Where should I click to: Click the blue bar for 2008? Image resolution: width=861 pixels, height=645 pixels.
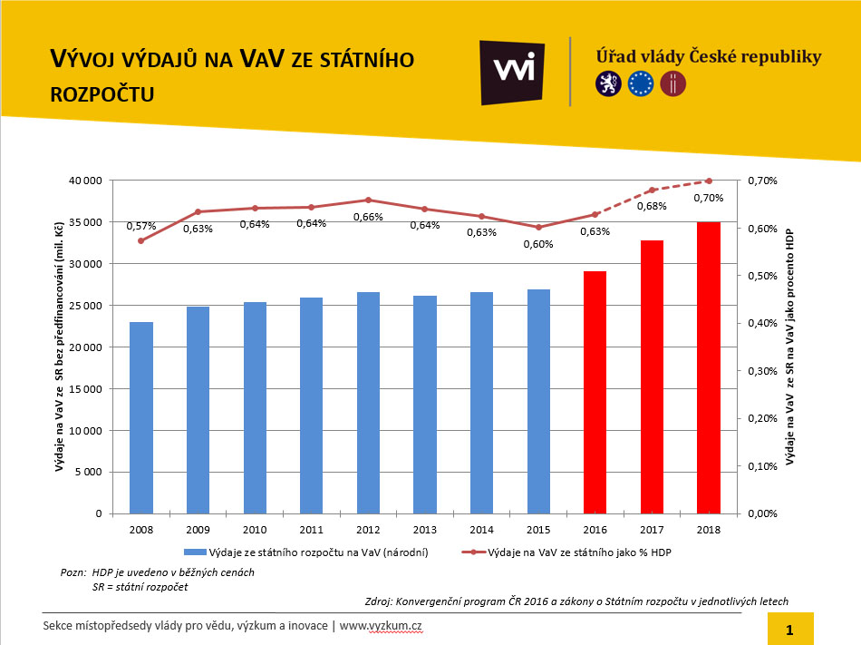[141, 417]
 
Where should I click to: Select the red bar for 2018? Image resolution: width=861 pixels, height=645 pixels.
[709, 367]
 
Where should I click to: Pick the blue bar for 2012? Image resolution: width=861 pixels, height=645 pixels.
[368, 403]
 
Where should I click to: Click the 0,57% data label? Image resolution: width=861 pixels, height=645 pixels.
[141, 226]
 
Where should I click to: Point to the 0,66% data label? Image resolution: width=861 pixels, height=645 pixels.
[368, 217]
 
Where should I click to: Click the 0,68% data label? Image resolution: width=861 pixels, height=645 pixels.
[651, 206]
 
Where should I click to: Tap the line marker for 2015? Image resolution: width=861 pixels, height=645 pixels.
[538, 227]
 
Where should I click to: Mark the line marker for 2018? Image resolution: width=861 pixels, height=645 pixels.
[709, 181]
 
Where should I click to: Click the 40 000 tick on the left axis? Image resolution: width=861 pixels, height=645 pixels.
[83, 181]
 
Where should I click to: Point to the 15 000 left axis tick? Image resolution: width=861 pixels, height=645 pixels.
[83, 389]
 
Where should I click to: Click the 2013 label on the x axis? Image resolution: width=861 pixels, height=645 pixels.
[424, 529]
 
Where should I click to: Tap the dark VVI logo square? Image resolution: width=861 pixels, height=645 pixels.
[512, 73]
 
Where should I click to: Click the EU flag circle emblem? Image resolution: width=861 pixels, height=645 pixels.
[641, 84]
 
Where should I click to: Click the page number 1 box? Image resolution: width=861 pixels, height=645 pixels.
[789, 629]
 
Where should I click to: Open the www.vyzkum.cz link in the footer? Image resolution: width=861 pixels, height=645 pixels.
[382, 626]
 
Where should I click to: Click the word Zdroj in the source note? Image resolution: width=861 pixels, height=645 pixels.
[378, 601]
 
